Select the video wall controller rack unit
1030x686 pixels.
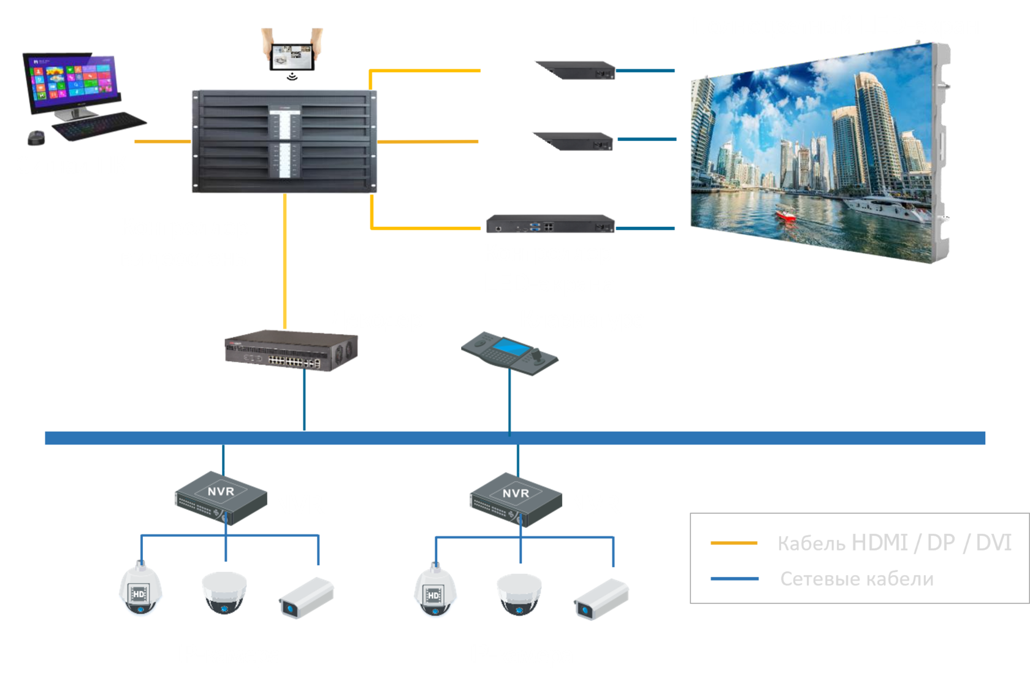point(284,142)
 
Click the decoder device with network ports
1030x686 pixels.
point(291,351)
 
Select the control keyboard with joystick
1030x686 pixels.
point(510,352)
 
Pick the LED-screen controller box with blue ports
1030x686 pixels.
point(550,224)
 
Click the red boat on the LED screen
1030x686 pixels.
point(786,215)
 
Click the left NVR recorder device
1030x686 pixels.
point(221,497)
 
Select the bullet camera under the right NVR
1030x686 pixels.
point(601,598)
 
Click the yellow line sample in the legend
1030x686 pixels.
point(734,543)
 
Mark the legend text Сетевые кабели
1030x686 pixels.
point(856,579)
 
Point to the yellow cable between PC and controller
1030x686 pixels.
point(162,142)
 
